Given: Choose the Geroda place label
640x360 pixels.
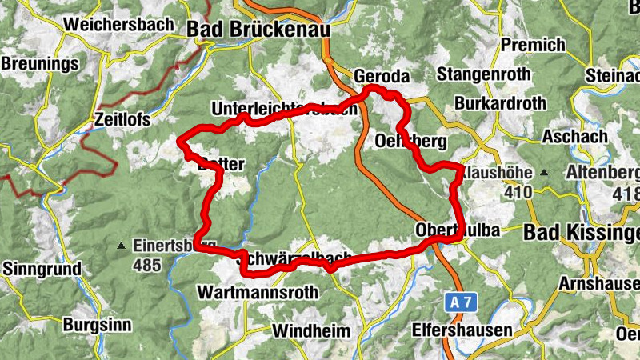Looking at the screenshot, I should (x=381, y=76).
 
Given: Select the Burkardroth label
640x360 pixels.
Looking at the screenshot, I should (x=500, y=103).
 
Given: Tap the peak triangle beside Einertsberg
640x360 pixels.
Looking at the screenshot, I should (x=121, y=245).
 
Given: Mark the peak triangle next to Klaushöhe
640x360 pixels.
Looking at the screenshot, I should (x=544, y=172).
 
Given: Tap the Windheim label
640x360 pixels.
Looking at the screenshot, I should (x=311, y=330).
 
